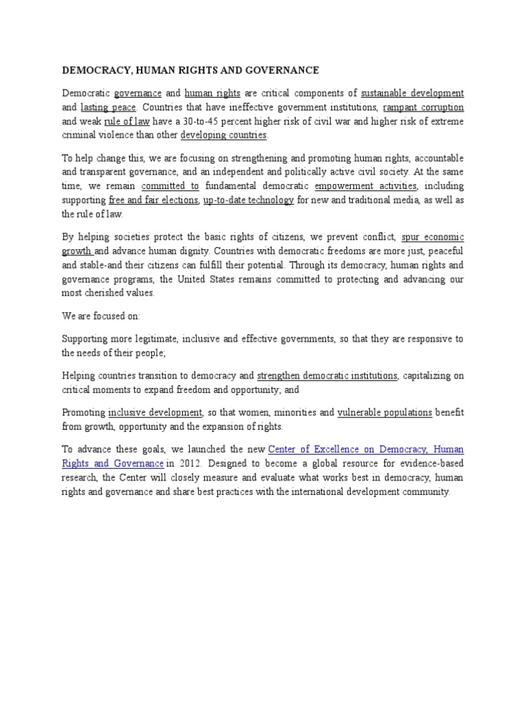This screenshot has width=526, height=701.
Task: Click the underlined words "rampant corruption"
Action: (x=423, y=107)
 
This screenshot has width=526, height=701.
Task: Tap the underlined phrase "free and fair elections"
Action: (x=153, y=200)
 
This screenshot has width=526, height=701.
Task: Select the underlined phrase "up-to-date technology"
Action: (x=249, y=200)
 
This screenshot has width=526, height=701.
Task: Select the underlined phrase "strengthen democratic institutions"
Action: (x=327, y=376)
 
